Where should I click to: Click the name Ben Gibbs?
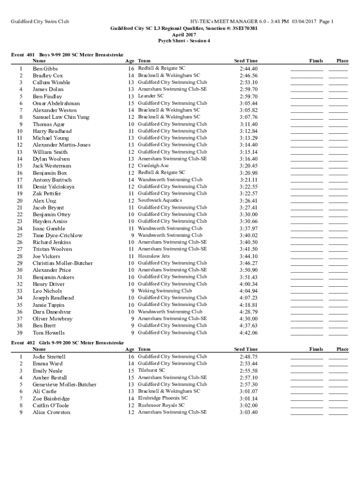pos(45,68)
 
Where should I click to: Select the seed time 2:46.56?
pos(248,75)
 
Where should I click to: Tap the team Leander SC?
pos(151,96)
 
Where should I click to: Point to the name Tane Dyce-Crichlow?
pos(57,235)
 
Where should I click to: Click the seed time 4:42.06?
pos(248,333)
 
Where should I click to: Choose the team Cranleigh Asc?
pos(153,166)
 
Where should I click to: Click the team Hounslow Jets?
pos(154,256)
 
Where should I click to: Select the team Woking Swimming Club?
pos(165,290)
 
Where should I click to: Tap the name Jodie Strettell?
pos(49,356)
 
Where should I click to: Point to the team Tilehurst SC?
pos(151,370)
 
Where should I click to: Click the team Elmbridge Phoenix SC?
pos(163,398)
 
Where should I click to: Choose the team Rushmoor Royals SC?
pos(161,405)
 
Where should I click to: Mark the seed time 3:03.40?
pos(248,412)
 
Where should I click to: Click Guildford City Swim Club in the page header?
pos(40,22)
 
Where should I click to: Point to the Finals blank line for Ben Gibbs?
pos(307,69)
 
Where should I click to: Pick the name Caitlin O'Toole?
pos(50,405)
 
